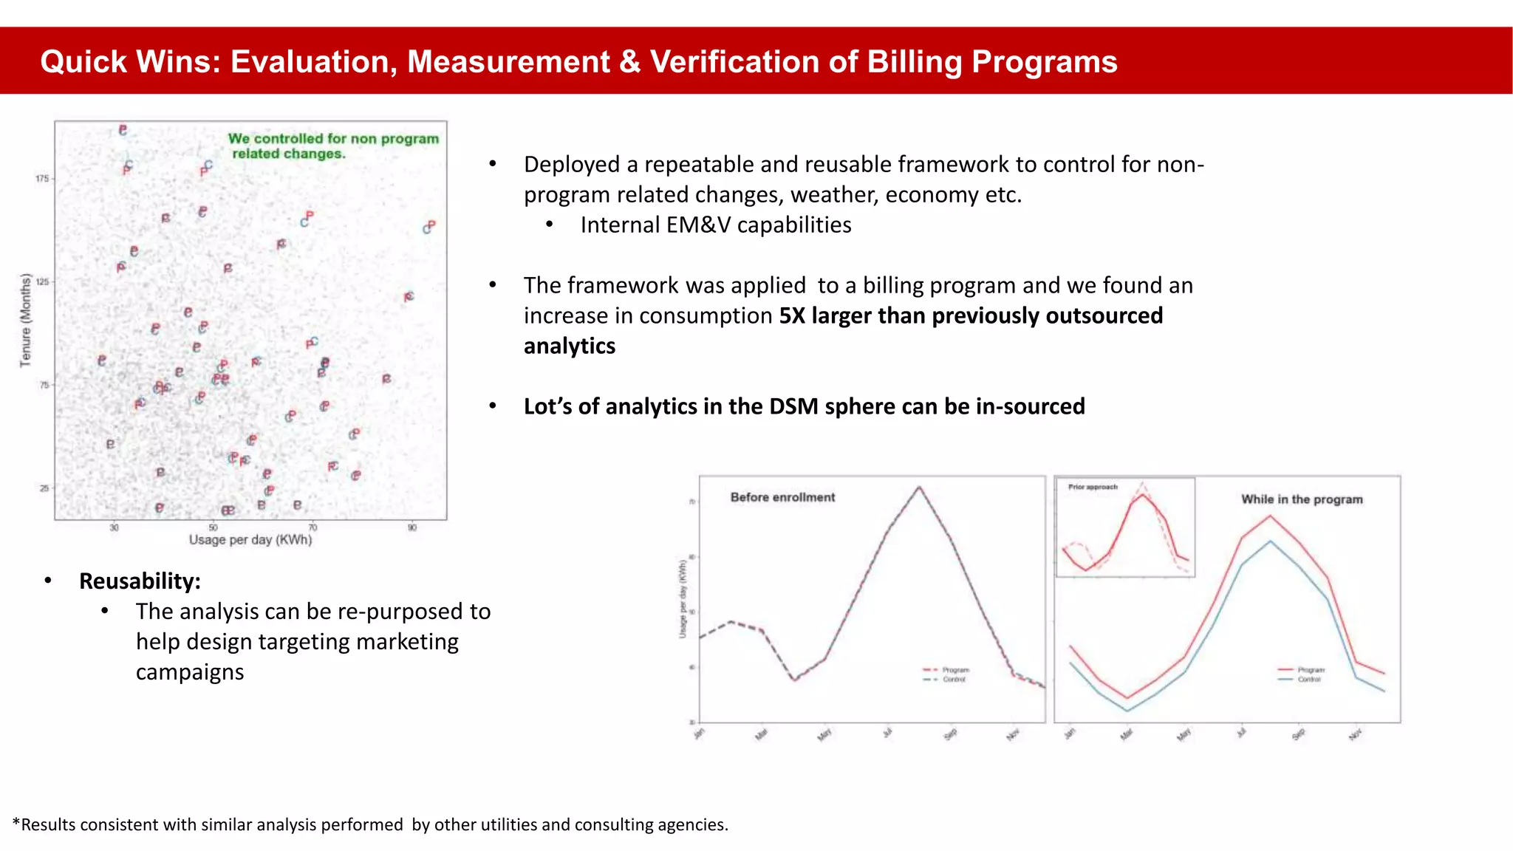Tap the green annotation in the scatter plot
click(x=332, y=146)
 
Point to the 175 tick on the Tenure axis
click(x=42, y=179)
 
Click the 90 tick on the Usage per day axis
click(x=412, y=527)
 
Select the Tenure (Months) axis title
click(x=26, y=320)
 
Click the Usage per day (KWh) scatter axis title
click(x=250, y=540)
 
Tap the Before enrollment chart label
click(x=782, y=498)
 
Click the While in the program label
click(x=1302, y=499)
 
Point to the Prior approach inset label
click(x=1093, y=488)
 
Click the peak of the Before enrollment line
click(x=919, y=487)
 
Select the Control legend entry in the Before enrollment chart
click(x=954, y=680)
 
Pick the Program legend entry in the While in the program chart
click(x=1311, y=670)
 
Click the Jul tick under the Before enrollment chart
click(x=888, y=733)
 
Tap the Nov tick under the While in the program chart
click(x=1355, y=734)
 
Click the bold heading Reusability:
click(x=140, y=581)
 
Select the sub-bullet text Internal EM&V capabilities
click(x=715, y=225)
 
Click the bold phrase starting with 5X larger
click(x=971, y=316)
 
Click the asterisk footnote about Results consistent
click(x=370, y=825)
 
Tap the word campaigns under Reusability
click(x=190, y=672)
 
